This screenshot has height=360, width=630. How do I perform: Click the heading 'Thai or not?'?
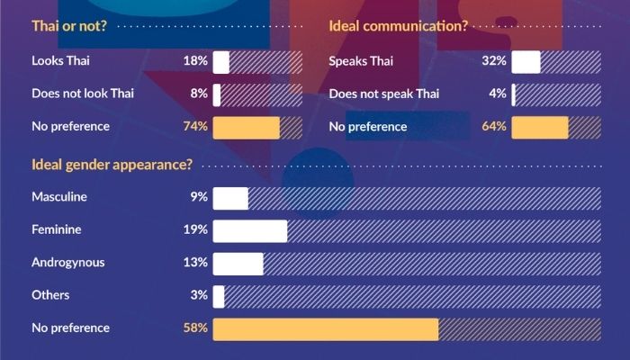68,26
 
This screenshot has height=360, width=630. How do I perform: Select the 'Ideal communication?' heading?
398,26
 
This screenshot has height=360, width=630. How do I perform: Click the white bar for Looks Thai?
220,62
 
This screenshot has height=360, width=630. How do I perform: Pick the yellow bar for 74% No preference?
246,126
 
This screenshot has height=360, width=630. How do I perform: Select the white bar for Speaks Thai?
526,62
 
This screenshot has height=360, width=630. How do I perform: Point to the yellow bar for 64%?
539,126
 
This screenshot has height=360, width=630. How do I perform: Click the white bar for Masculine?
230,197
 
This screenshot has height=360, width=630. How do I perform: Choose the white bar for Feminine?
249,230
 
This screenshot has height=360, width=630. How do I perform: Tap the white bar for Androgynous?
238,263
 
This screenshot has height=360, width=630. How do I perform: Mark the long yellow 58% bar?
325,328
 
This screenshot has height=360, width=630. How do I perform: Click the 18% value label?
195,62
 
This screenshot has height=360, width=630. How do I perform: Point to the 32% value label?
493,62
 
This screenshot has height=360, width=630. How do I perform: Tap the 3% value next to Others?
199,295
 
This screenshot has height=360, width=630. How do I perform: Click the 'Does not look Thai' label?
82,94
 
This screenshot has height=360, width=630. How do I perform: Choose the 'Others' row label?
50,295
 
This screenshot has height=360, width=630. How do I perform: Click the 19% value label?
195,230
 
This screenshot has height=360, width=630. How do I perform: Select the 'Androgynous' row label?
67,263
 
